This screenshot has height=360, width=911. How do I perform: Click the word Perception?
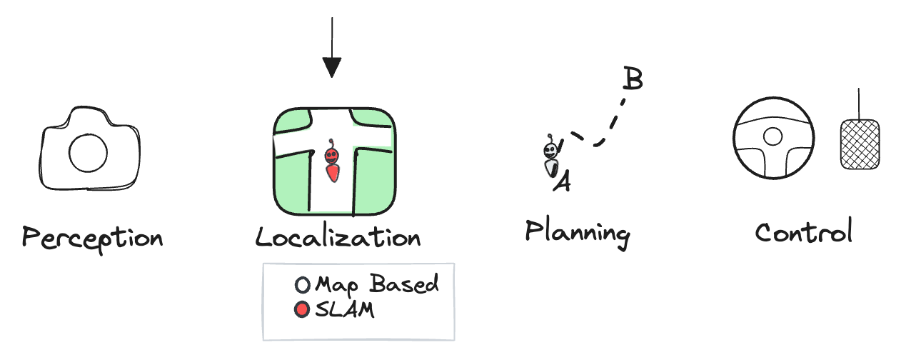[92, 239]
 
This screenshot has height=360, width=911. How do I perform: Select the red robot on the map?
[332, 161]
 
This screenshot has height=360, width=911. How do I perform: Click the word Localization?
[338, 237]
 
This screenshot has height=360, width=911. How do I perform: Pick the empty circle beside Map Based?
[302, 285]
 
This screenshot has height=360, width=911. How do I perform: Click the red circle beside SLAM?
[302, 309]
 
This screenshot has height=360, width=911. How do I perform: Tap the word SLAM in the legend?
[345, 309]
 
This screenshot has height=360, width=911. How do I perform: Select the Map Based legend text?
[378, 284]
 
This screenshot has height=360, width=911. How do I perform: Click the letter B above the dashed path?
[633, 78]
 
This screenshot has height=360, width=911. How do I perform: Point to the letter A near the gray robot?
[563, 181]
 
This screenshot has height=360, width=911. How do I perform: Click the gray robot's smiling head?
[550, 151]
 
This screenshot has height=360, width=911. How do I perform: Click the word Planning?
[578, 233]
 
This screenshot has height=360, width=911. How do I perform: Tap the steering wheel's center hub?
[772, 136]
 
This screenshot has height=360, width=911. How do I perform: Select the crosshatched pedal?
[860, 144]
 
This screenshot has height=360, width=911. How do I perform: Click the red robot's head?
[331, 156]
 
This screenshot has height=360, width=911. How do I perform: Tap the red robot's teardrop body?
[333, 173]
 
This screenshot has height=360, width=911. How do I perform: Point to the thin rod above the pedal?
[859, 104]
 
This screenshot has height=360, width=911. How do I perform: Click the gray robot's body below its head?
[551, 168]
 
